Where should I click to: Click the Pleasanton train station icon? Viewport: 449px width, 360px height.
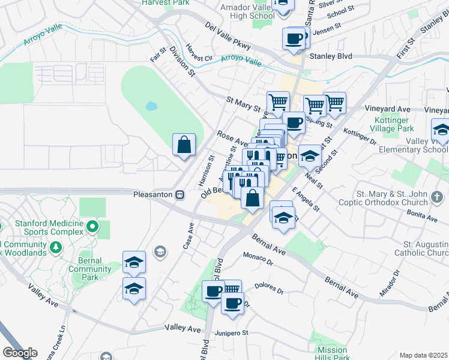179,194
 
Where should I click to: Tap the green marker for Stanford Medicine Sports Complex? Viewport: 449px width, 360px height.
92,227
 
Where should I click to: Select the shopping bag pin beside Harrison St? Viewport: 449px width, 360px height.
184,145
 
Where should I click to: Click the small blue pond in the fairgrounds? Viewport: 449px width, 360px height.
151,107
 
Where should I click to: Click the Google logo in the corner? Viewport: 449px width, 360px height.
19,353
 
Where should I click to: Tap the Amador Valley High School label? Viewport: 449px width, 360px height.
244,10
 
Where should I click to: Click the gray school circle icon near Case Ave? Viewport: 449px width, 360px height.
160,251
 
